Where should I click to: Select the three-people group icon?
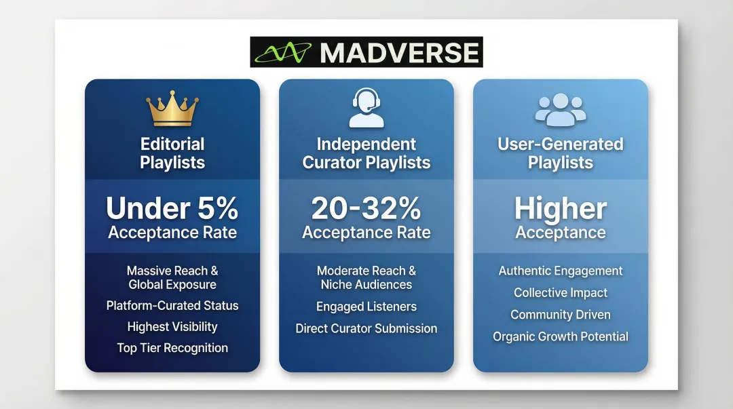[x=560, y=110]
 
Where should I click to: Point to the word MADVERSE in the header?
[x=399, y=52]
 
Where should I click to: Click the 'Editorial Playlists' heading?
[x=172, y=153]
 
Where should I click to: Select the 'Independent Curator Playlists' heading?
[x=366, y=153]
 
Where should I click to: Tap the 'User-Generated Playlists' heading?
[x=560, y=153]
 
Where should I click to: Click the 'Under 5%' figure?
[x=172, y=209]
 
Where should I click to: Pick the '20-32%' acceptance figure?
[x=366, y=209]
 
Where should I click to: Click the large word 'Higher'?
[x=560, y=209]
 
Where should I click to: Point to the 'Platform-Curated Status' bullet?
[x=172, y=305]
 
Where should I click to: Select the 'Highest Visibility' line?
[x=172, y=326]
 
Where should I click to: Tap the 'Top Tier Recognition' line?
[x=172, y=348]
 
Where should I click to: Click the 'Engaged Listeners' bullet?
[x=366, y=307]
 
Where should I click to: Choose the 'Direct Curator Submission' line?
[x=366, y=328]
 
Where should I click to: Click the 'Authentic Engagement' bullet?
[x=560, y=271]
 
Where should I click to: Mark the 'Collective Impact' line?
[x=560, y=293]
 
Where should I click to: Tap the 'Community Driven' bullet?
[x=560, y=315]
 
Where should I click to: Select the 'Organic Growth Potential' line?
[x=560, y=336]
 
